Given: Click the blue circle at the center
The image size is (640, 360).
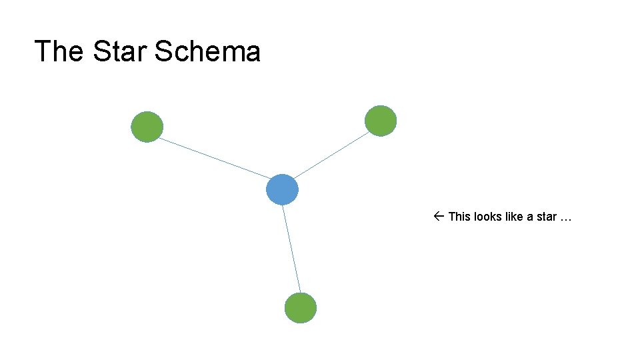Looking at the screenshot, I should [282, 189].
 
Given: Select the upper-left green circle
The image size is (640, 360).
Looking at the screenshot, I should [147, 127].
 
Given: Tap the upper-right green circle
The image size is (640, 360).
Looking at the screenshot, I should [381, 121].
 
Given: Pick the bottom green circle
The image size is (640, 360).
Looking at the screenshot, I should [300, 308].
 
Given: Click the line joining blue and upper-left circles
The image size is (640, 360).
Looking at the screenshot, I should [213, 158].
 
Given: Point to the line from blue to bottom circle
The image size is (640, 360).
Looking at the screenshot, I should [291, 249].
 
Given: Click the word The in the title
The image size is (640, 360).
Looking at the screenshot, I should [59, 51].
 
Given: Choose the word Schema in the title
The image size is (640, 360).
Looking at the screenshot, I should [207, 51].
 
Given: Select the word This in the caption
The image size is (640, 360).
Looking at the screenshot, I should [459, 217].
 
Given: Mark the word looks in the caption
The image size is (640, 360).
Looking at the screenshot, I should [488, 217].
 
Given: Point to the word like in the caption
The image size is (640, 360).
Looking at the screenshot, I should [515, 217].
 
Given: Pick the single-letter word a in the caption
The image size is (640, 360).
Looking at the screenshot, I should [531, 217].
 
